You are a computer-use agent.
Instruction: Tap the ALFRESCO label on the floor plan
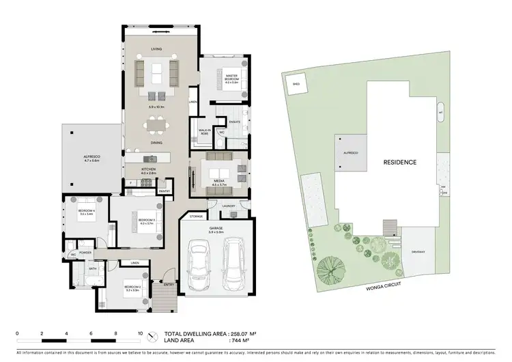91,156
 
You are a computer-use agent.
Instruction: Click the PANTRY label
164,192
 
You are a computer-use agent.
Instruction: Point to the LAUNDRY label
229,206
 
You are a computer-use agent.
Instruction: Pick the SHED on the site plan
296,85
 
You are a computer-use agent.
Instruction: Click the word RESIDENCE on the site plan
399,163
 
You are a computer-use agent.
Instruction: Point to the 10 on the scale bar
140,333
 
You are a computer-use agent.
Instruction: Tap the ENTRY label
168,283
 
